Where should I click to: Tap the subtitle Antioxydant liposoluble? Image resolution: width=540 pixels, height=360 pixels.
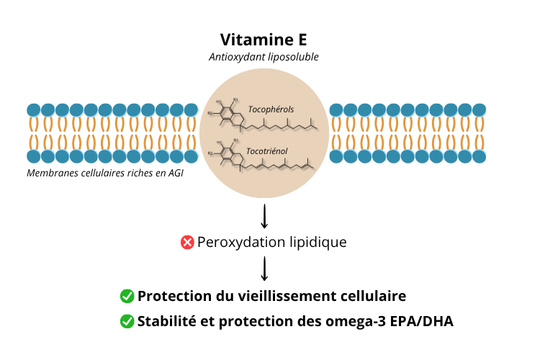click(264, 56)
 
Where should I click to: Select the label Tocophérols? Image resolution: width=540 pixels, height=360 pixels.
click(271, 109)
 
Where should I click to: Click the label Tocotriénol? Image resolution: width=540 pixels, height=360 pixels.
click(268, 153)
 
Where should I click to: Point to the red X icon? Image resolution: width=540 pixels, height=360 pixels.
click(187, 243)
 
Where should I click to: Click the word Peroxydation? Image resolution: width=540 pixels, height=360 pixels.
click(238, 243)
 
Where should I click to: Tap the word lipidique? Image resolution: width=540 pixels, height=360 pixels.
click(315, 243)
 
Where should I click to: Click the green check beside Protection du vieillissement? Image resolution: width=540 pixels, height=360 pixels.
click(127, 297)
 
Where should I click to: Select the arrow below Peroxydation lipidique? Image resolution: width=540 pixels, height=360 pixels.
click(264, 269)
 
